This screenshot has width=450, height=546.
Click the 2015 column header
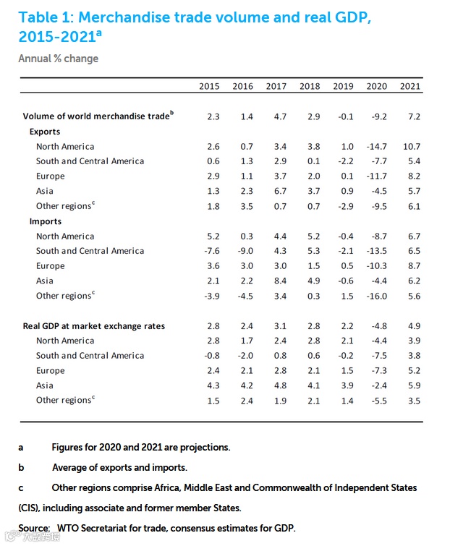pyautogui.click(x=209, y=86)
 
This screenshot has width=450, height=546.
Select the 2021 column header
pyautogui.click(x=410, y=86)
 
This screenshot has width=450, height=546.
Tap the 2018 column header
pyautogui.click(x=310, y=86)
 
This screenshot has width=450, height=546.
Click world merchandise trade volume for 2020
pyautogui.click(x=376, y=116)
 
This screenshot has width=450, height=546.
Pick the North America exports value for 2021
pyautogui.click(x=410, y=146)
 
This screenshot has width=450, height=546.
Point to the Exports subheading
pyautogui.click(x=45, y=132)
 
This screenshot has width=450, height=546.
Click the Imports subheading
pyautogui.click(x=46, y=221)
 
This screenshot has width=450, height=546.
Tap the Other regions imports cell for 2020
pyautogui.click(x=376, y=296)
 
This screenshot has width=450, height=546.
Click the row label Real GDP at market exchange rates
pyautogui.click(x=94, y=326)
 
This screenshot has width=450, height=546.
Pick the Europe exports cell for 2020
pyautogui.click(x=376, y=176)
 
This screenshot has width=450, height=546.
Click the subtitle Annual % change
pyautogui.click(x=59, y=59)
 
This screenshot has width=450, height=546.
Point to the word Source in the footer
pyautogui.click(x=34, y=527)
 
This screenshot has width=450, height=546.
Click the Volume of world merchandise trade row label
pyautogui.click(x=98, y=116)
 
